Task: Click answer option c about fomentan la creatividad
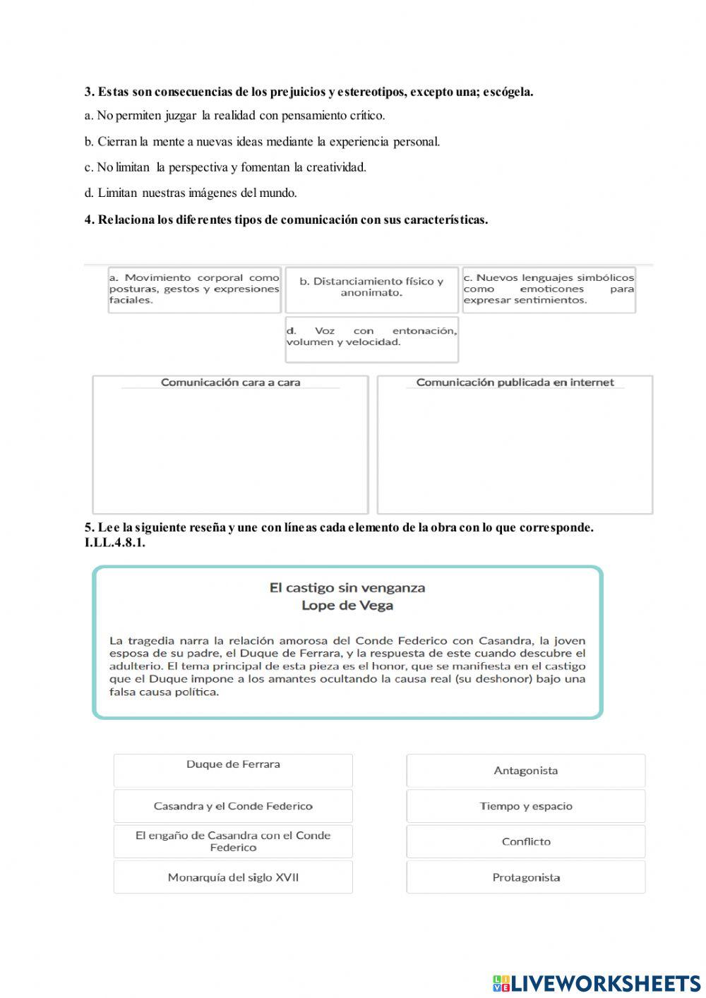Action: click(x=225, y=167)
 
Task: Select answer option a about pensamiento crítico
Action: click(x=234, y=115)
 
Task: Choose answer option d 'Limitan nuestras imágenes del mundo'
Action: click(x=191, y=193)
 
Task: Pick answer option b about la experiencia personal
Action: click(x=262, y=141)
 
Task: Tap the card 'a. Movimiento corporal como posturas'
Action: click(x=194, y=289)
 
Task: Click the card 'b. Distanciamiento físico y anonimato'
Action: click(x=371, y=287)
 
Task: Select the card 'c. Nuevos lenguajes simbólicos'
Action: click(x=549, y=289)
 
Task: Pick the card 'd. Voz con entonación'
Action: click(x=371, y=337)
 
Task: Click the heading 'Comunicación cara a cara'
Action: click(x=230, y=383)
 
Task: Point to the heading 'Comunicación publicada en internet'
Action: click(x=515, y=383)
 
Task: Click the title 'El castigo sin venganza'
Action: click(x=347, y=587)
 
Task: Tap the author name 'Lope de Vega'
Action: click(x=347, y=606)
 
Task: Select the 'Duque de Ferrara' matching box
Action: click(x=233, y=770)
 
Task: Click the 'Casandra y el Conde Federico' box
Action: click(x=233, y=806)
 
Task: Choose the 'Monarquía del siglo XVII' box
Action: click(x=233, y=877)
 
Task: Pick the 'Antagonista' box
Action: click(x=525, y=771)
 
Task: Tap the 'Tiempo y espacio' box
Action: click(x=525, y=806)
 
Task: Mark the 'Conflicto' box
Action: click(x=525, y=841)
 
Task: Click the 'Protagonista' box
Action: click(x=525, y=877)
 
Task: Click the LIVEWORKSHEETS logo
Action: click(x=597, y=983)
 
